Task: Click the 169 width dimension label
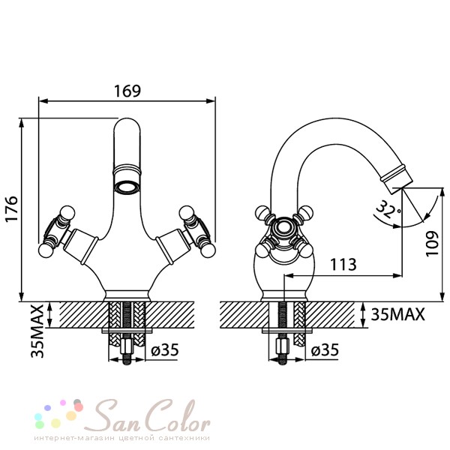click(127, 91)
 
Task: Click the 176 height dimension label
click(12, 208)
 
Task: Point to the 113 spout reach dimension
click(343, 265)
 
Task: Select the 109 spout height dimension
click(432, 244)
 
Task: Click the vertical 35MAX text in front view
click(37, 331)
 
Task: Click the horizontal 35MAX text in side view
click(397, 314)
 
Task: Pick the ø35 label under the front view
click(165, 349)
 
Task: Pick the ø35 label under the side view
click(325, 349)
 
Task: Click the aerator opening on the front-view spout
click(127, 188)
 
